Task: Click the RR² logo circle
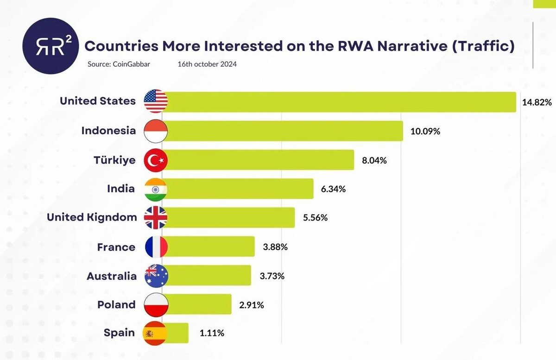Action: [50, 46]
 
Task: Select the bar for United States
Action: [341, 102]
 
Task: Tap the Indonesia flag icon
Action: [156, 131]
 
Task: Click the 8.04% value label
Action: [374, 160]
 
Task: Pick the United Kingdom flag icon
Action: [156, 218]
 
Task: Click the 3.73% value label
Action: [272, 276]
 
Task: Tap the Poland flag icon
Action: [156, 304]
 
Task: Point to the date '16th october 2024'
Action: [207, 64]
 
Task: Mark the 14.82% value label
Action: [537, 102]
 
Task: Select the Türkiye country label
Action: [115, 160]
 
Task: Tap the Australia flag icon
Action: [156, 276]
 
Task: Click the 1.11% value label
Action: [212, 333]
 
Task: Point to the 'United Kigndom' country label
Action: [92, 217]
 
